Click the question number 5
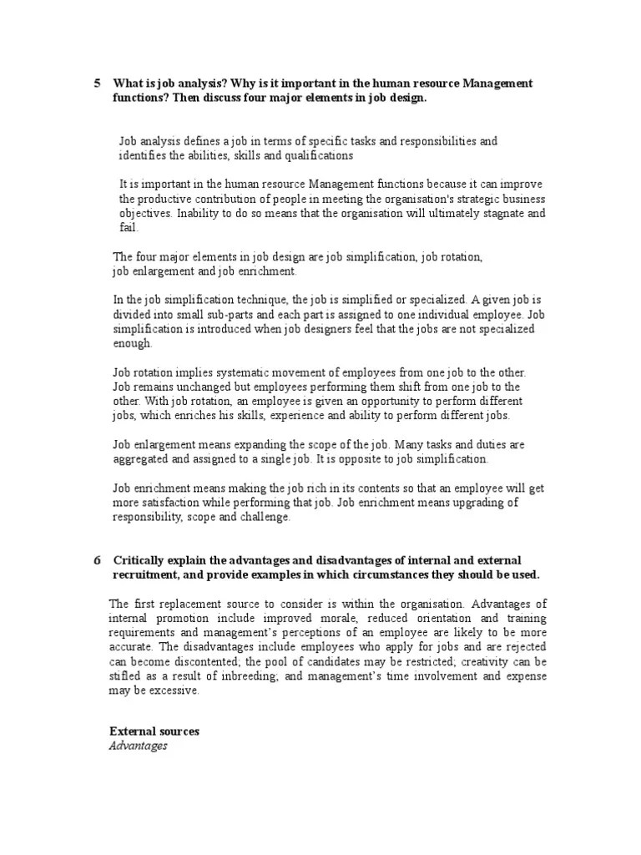tap(97, 83)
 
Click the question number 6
tap(97, 559)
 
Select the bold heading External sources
tap(154, 731)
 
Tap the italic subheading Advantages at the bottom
tap(138, 745)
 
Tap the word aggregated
tap(144, 459)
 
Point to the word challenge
tap(262, 517)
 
